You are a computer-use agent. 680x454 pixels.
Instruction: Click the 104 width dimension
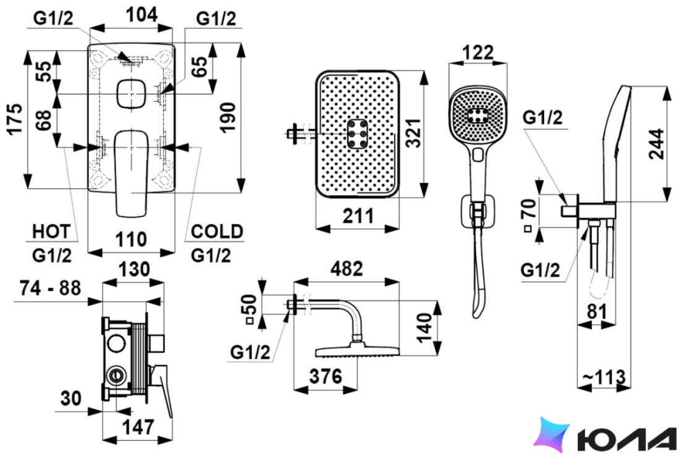(142, 15)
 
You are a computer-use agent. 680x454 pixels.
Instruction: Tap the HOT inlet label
(51, 232)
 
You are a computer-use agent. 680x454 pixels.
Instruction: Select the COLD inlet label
(217, 232)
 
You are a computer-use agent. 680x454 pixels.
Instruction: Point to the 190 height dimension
(228, 117)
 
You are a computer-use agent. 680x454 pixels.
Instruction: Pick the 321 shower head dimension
(415, 133)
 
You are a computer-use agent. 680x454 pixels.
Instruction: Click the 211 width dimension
(358, 216)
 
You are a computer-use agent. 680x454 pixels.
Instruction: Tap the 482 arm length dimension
(347, 269)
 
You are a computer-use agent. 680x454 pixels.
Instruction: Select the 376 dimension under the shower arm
(326, 376)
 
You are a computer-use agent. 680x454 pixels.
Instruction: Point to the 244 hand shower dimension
(656, 144)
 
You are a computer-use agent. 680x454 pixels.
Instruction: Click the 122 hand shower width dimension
(477, 53)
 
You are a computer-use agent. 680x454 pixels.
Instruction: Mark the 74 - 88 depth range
(50, 288)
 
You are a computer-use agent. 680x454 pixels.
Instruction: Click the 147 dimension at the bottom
(138, 427)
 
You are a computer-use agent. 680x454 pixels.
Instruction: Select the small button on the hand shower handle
(478, 154)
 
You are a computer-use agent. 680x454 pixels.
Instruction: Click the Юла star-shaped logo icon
(551, 434)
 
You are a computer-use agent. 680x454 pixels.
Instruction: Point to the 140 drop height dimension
(425, 328)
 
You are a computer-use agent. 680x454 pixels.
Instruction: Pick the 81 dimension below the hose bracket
(597, 311)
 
